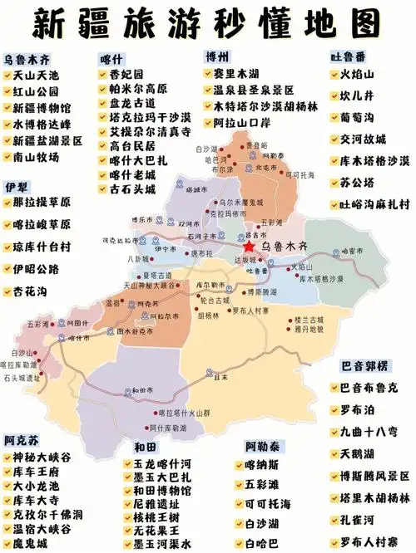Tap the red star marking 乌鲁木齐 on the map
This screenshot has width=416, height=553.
(248, 247)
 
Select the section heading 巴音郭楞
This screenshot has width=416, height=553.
(364, 366)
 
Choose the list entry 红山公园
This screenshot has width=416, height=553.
(36, 92)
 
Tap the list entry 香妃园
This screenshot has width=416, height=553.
(126, 75)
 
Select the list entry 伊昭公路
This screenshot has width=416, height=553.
(36, 269)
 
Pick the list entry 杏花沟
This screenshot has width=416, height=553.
(30, 291)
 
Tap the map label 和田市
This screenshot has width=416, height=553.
(139, 389)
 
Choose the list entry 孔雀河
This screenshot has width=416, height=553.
(358, 519)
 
